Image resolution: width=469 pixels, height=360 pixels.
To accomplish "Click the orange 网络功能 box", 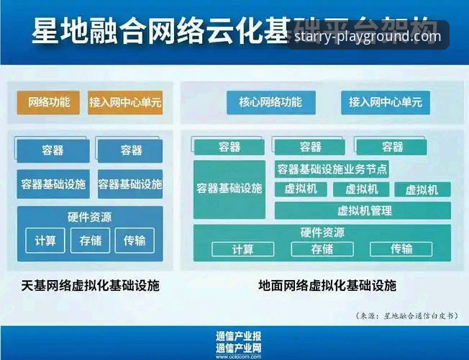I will (x=48, y=102).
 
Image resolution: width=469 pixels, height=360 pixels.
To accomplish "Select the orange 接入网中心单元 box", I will (x=125, y=102).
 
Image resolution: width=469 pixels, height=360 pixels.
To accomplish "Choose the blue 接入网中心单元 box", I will (x=386, y=102).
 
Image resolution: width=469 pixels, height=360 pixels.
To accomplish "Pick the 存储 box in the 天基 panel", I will (x=90, y=240).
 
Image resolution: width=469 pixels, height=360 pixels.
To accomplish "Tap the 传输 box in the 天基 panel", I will (x=134, y=240).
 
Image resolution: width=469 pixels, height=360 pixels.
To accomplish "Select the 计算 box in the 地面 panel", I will (x=242, y=249).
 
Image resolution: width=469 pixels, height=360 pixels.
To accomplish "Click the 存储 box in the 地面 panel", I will (x=322, y=249).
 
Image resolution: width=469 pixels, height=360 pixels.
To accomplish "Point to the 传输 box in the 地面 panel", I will (x=401, y=249).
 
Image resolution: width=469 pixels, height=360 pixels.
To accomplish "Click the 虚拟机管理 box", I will (x=363, y=210).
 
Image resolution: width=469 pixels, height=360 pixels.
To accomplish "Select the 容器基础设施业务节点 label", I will (x=332, y=169).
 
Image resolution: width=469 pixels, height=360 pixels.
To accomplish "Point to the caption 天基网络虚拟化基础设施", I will (x=91, y=286).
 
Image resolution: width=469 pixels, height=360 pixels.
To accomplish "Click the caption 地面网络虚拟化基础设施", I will (x=327, y=286).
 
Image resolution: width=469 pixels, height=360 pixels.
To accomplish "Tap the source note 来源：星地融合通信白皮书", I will (x=406, y=315).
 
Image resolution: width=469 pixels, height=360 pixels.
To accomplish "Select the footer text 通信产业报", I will (x=238, y=336).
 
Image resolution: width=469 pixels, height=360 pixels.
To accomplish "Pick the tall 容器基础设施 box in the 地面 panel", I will (x=229, y=189).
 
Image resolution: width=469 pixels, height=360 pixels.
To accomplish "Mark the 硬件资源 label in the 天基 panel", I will (x=90, y=217).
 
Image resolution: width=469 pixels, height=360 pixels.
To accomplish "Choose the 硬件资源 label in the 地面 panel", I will (x=322, y=233).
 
